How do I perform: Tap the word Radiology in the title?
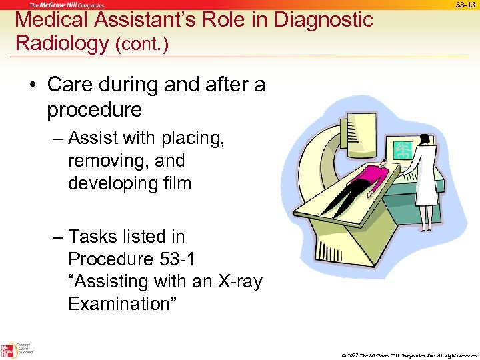click(62, 43)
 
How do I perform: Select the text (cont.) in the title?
click(142, 45)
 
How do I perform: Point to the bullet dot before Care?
click(32, 85)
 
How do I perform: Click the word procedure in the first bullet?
click(94, 109)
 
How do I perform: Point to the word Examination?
click(122, 305)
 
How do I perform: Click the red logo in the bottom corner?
click(8, 349)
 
